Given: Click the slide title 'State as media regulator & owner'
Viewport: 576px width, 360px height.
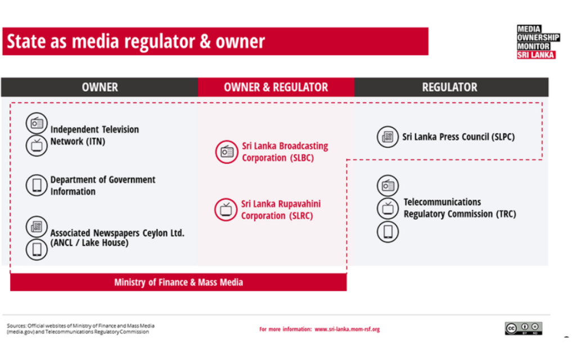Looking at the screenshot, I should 135,42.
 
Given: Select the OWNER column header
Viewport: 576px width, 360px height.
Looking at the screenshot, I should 100,87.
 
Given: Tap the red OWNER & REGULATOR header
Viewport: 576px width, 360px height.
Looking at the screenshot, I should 276,87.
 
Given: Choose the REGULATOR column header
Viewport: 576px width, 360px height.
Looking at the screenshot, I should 449,87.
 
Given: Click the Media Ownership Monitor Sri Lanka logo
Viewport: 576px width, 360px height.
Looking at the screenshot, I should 538,42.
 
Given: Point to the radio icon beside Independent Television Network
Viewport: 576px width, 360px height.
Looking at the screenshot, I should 37,123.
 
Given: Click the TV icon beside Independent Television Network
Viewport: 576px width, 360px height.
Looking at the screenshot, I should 37,145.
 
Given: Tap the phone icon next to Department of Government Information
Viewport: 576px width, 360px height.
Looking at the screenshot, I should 37,185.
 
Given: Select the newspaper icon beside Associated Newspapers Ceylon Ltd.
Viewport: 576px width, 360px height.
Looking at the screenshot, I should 37,227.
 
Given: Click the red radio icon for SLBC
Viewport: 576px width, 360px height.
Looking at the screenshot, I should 227,152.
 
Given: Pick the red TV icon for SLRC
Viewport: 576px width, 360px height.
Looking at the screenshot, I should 226,210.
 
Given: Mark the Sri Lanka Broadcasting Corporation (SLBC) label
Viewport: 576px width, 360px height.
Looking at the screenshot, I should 285,152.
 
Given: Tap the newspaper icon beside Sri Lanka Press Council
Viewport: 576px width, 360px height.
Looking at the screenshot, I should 388,137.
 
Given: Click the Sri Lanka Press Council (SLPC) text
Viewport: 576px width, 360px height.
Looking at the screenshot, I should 458,137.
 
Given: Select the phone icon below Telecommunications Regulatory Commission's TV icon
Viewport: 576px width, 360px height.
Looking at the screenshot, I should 388,231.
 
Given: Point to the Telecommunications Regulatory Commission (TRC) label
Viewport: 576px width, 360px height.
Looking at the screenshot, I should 459,208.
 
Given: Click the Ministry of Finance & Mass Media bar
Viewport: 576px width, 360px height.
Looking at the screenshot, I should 178,282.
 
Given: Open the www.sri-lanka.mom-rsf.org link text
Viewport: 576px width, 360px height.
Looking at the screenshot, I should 346,329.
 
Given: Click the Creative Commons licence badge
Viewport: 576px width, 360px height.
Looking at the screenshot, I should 523,328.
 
